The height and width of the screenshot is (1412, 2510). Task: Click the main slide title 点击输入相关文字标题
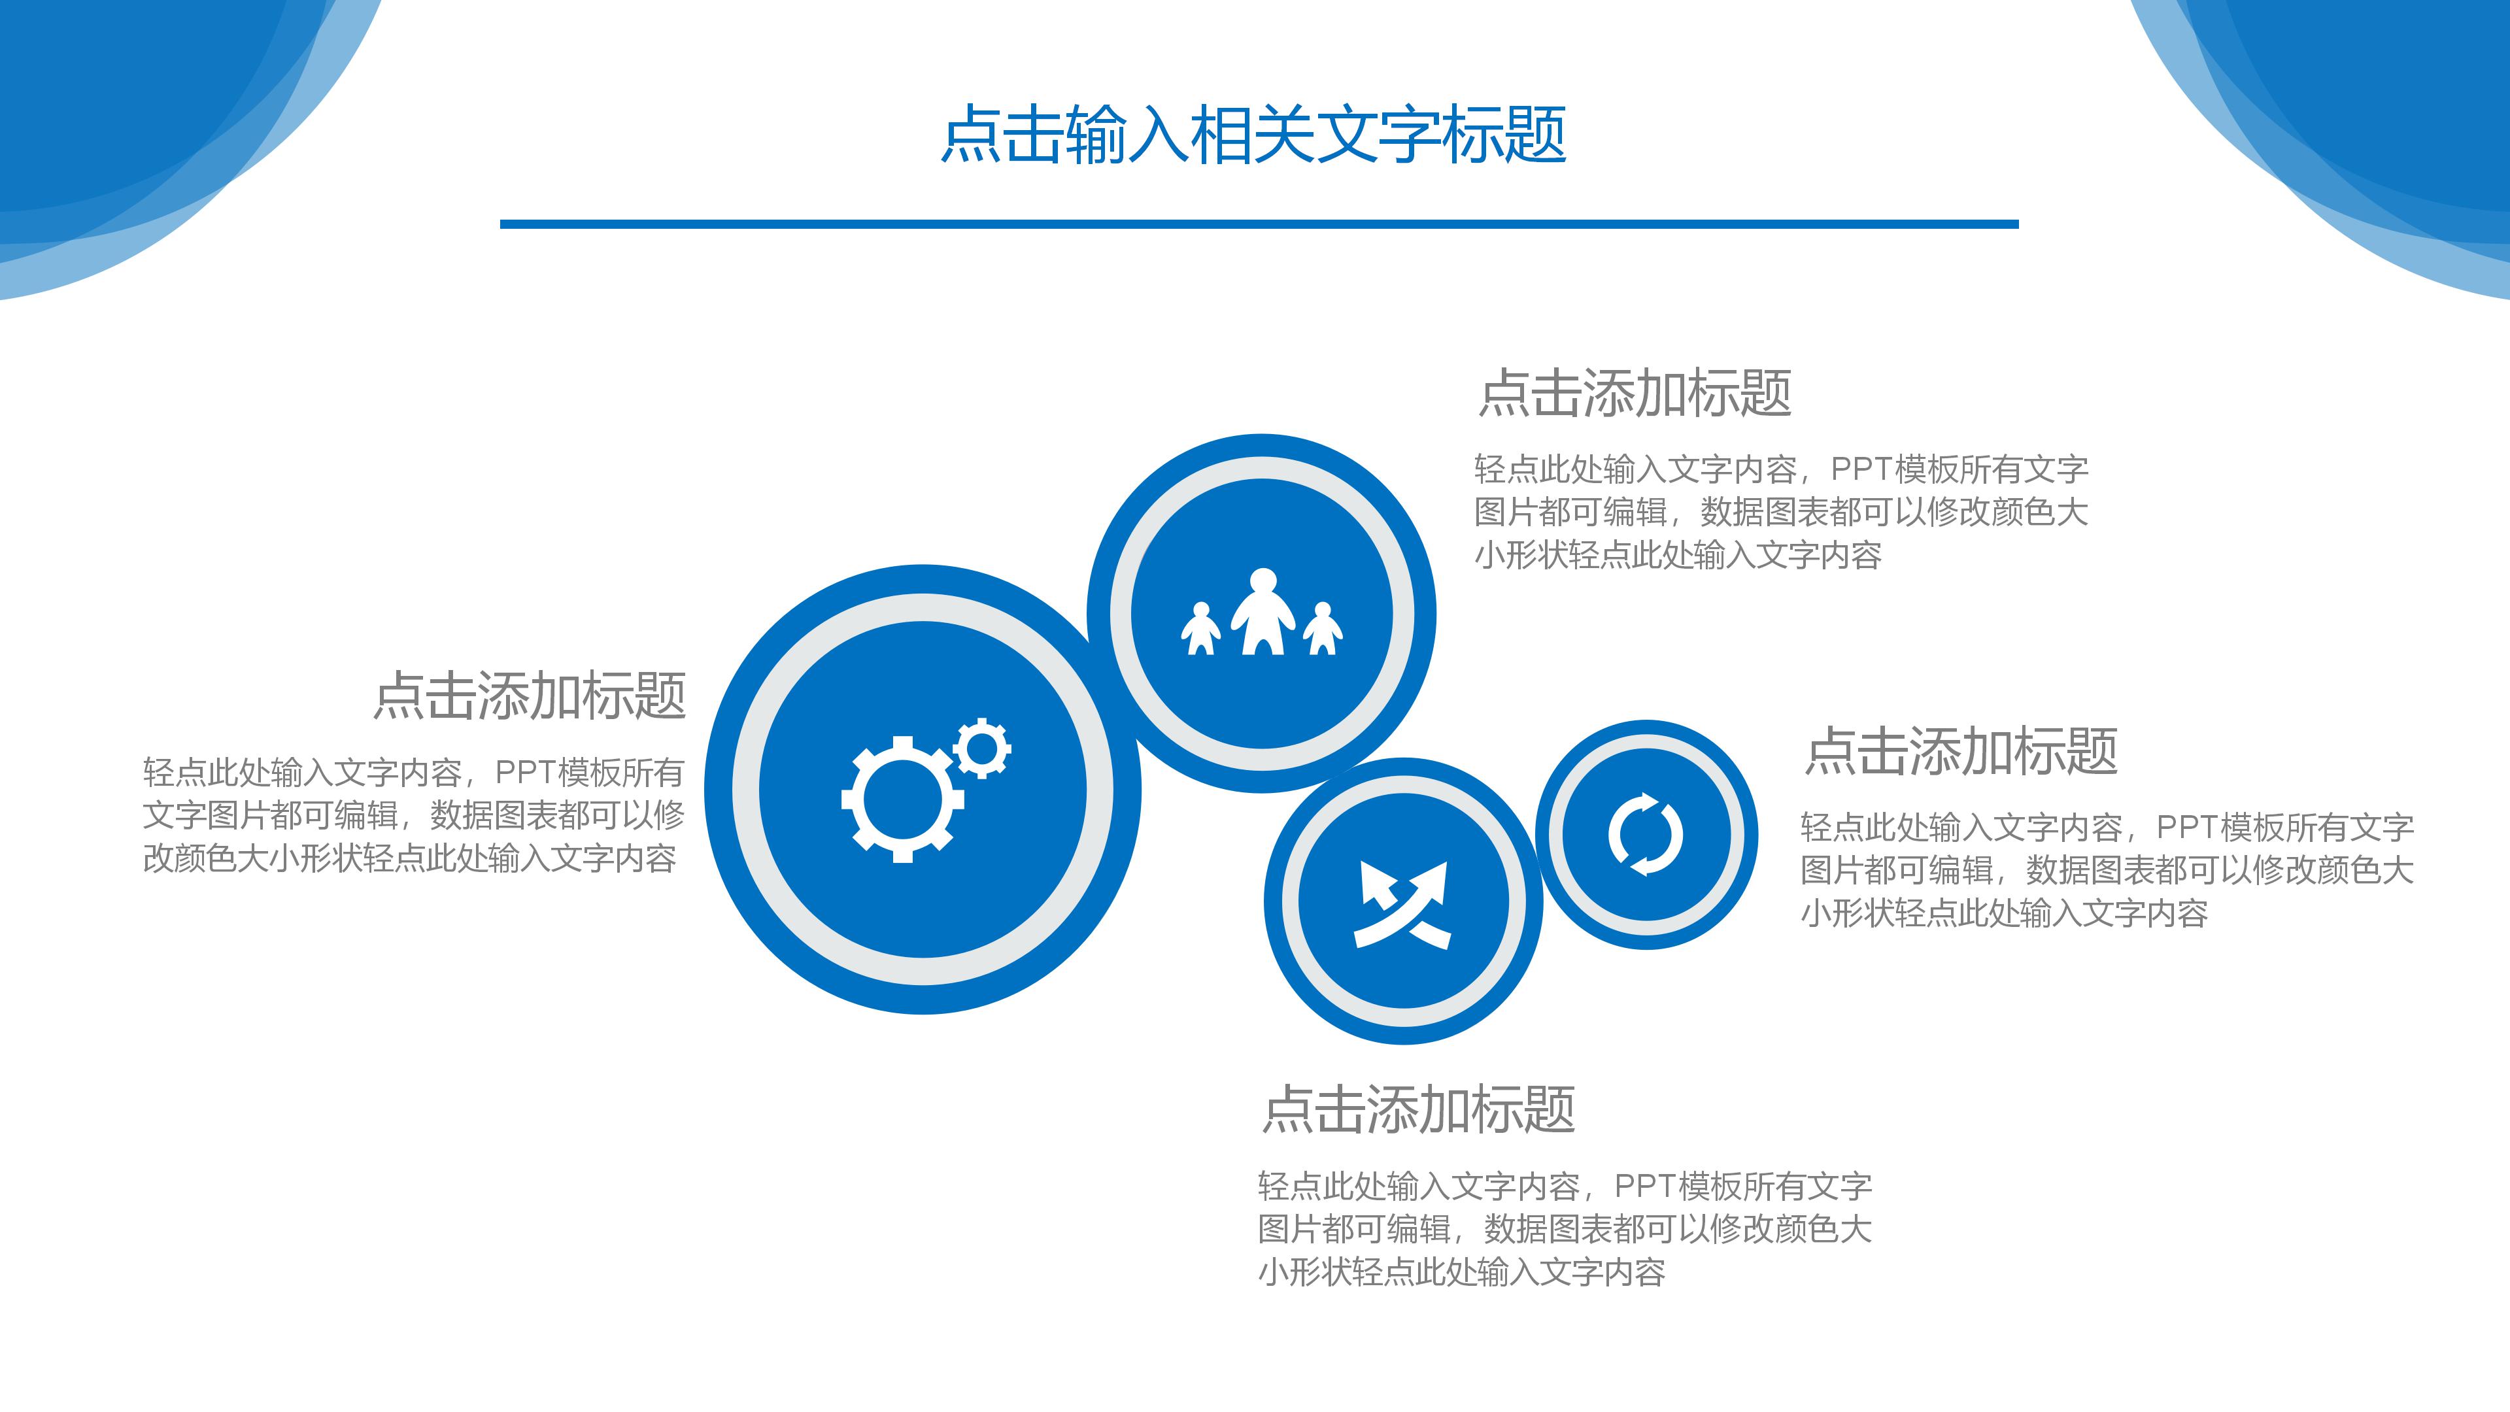[1253, 135]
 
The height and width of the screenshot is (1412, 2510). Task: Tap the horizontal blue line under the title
[1258, 224]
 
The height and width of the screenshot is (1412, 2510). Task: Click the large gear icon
[902, 799]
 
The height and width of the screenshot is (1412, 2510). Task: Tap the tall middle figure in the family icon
[1263, 612]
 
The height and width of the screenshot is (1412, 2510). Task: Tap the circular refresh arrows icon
[1646, 834]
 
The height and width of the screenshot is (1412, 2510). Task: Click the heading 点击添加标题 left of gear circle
[530, 696]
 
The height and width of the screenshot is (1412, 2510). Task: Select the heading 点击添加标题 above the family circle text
[1635, 394]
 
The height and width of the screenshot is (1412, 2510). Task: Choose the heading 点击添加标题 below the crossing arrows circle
[1419, 1110]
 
